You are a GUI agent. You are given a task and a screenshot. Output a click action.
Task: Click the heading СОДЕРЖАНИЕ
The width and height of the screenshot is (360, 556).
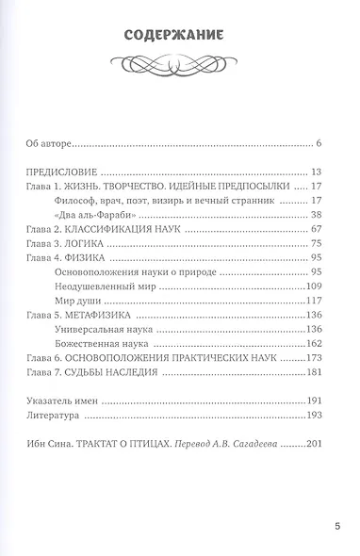tap(179, 37)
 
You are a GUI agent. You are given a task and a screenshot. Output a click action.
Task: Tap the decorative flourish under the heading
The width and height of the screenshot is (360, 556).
tap(179, 63)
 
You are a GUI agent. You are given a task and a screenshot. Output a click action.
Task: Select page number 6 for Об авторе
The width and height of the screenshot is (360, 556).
tap(319, 143)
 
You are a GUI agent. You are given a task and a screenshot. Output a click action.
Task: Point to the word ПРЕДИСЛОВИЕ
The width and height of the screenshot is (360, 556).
tap(61, 173)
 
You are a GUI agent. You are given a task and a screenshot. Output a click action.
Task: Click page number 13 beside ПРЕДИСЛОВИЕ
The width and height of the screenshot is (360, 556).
tap(317, 173)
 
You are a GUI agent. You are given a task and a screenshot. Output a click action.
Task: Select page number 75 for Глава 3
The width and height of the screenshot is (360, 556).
tap(317, 242)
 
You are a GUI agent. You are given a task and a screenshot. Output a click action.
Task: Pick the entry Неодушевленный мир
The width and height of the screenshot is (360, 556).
tap(119, 285)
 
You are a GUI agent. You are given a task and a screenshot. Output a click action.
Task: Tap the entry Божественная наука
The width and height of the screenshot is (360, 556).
tap(118, 345)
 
